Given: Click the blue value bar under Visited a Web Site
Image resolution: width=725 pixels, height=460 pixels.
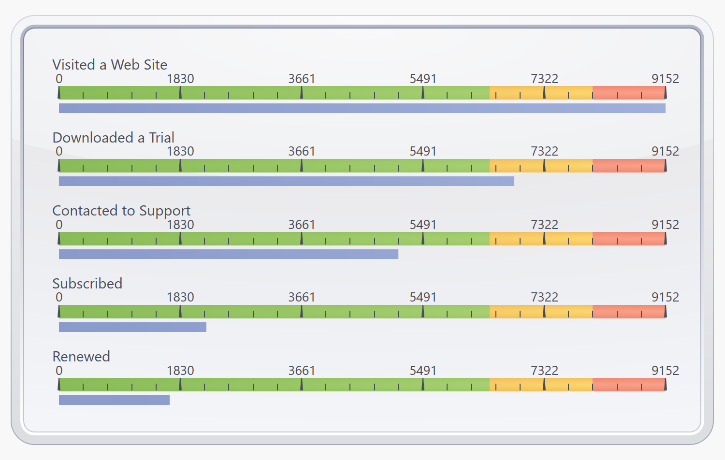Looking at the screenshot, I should pos(362,108).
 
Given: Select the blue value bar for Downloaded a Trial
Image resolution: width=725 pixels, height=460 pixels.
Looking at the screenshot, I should pos(287,181).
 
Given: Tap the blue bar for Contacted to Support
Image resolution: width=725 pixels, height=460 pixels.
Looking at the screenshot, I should pos(229,254).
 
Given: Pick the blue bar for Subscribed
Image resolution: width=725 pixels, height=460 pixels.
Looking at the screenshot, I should pos(132,327).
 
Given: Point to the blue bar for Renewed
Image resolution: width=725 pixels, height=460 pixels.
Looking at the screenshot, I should pos(114,400).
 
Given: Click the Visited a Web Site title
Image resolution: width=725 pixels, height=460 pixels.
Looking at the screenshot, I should pos(110,65).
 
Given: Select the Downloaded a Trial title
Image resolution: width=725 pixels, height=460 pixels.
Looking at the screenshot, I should pos(113,138).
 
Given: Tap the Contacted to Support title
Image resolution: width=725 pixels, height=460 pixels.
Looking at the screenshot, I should pos(121,211).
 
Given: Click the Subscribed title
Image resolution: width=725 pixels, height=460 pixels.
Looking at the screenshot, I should pos(87,284).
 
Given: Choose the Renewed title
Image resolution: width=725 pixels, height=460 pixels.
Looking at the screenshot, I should pos(81,357).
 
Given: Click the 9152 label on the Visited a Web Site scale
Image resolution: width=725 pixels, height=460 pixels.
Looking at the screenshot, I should pos(665,79).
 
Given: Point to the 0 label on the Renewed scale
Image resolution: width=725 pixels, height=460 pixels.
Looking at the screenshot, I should pos(59,371).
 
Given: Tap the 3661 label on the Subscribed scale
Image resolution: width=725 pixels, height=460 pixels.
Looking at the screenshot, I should pos(302,297).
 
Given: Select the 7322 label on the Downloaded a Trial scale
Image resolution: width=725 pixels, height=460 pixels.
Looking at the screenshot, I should pos(544,151).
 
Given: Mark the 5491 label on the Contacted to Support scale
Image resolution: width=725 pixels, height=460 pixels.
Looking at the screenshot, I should pos(423,225).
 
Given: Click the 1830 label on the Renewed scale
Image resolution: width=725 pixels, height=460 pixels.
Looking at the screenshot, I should pos(180,371).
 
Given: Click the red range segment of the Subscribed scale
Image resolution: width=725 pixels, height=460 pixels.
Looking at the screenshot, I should pos(629,312).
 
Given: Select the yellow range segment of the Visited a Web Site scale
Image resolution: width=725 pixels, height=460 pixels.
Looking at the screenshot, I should pos(541,93).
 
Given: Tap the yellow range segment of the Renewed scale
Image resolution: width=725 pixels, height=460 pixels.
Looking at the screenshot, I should pos(541,385).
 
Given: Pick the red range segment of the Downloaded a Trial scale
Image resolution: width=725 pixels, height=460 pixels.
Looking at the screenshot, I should pos(629,166).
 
